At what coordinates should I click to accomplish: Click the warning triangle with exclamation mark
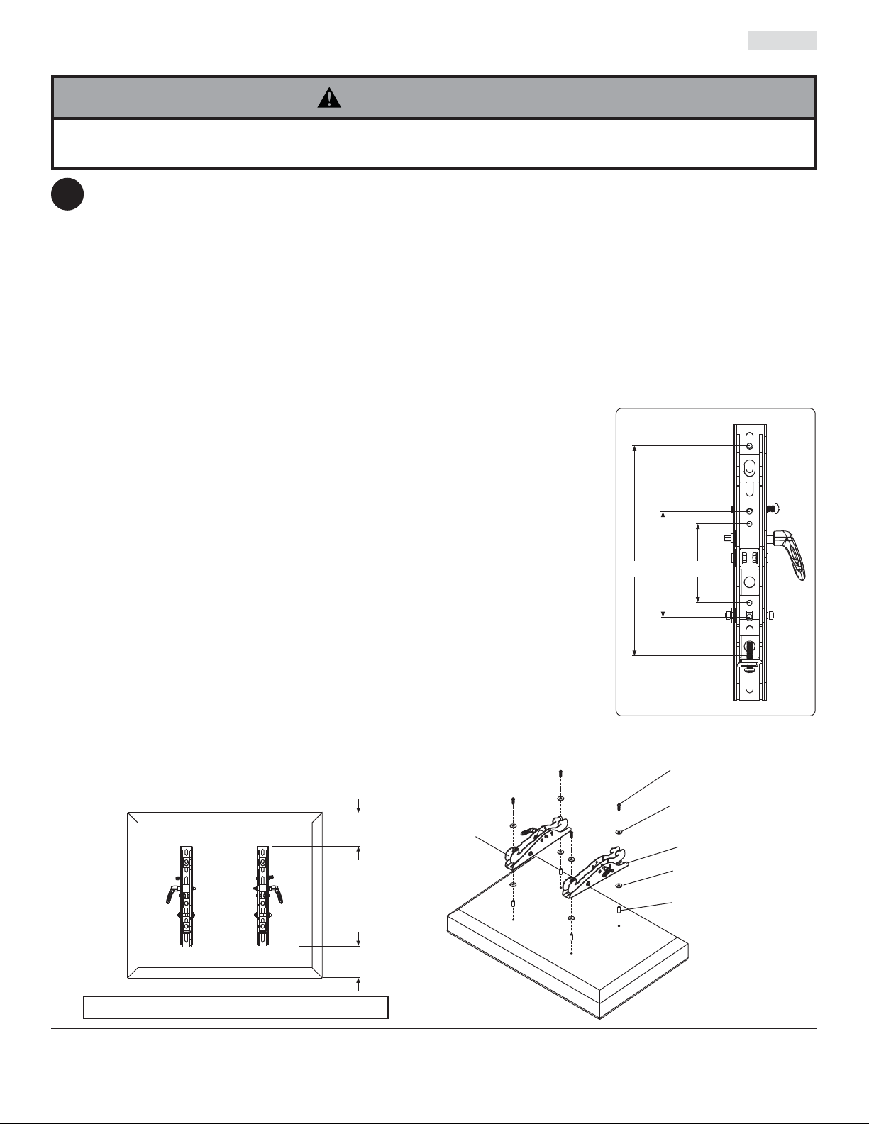[x=329, y=98]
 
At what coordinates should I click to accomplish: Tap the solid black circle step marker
[x=67, y=194]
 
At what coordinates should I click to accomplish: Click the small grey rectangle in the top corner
[x=782, y=40]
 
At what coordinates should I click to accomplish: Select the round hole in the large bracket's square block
[x=750, y=584]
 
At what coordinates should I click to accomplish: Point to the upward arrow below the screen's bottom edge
[x=359, y=982]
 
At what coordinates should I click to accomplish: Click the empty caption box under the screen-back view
[x=236, y=1007]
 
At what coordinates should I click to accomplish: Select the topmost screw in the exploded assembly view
[x=560, y=772]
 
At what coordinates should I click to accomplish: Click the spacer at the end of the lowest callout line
[x=619, y=909]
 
